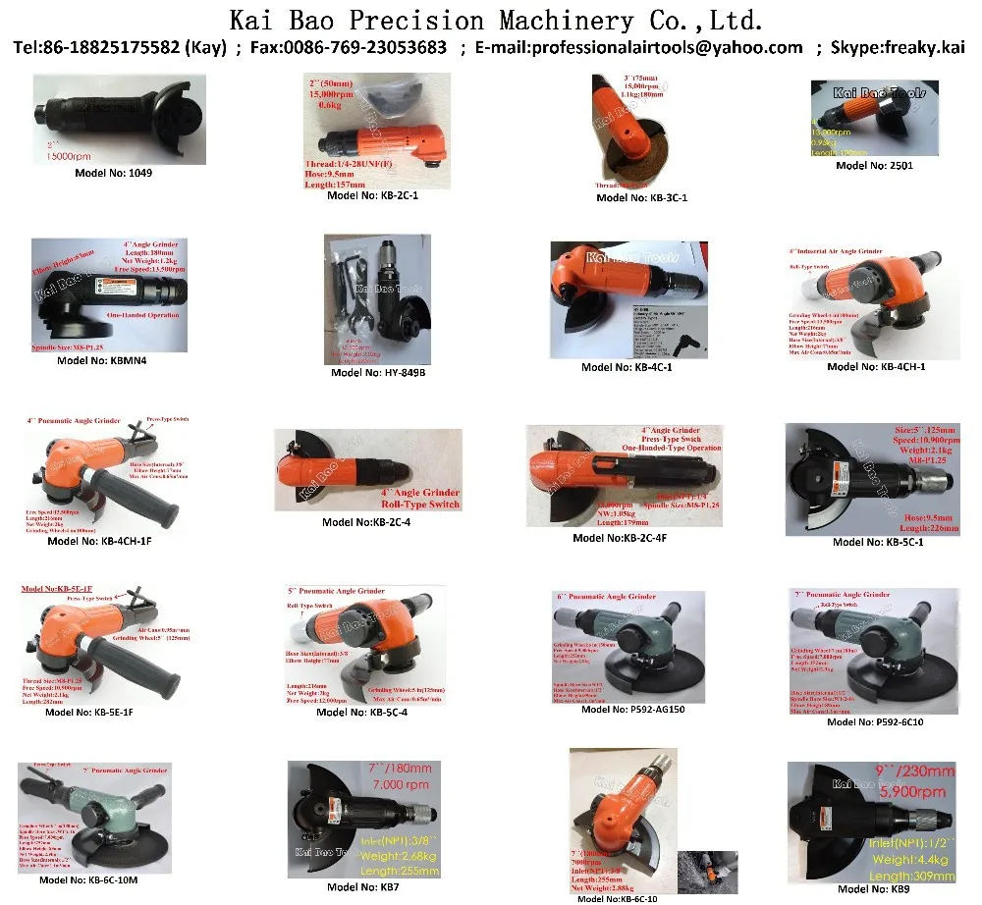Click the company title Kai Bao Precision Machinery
pyautogui.click(x=496, y=20)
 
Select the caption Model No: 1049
pyautogui.click(x=128, y=172)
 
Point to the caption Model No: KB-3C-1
pyautogui.click(x=642, y=197)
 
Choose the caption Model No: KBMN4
pyautogui.click(x=108, y=360)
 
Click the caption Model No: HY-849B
pyautogui.click(x=377, y=372)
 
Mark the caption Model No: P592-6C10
pyautogui.click(x=874, y=721)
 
